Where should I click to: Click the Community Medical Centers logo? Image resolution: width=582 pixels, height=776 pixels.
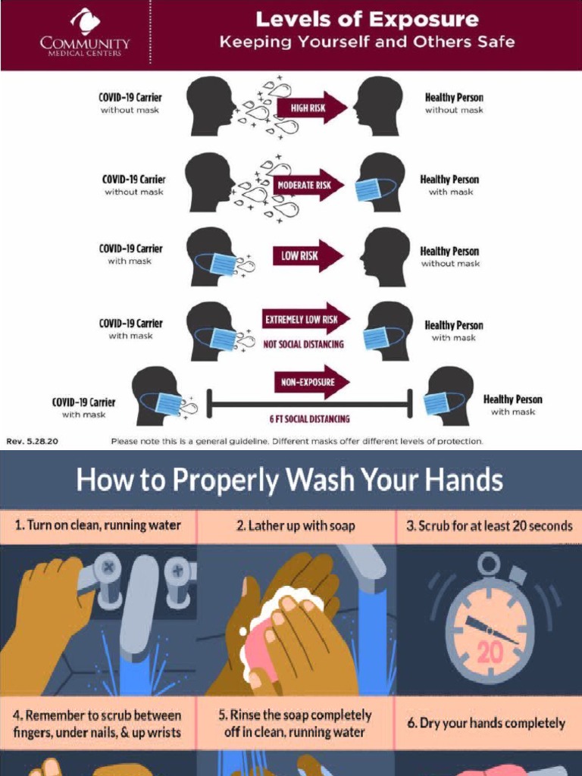pos(85,33)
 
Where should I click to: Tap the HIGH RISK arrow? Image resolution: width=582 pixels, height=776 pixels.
pos(311,108)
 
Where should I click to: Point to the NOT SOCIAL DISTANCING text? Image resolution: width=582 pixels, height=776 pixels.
pos(303,344)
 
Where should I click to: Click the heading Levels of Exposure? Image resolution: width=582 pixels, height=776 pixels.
pos(367,19)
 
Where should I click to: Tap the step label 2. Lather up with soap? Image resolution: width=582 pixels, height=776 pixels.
pos(296,526)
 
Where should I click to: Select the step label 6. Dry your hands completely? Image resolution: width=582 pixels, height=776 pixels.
pos(486,723)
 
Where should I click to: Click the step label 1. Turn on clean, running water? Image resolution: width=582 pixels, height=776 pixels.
pos(99,525)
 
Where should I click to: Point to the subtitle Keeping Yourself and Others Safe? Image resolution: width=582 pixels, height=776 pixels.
pos(367,42)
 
